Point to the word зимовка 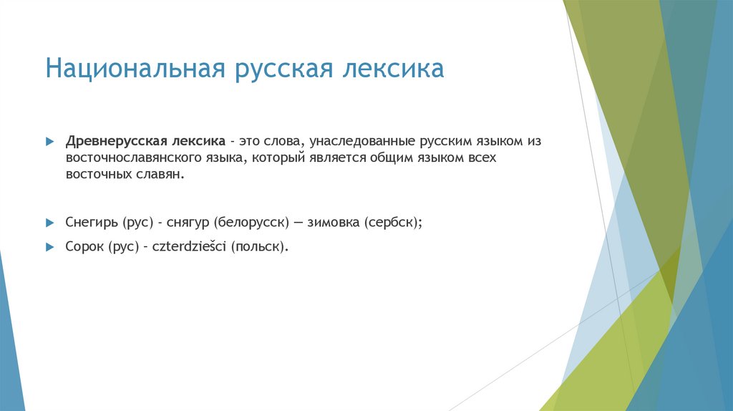click(334, 223)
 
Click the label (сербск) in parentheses click(394, 223)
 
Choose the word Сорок click(84, 246)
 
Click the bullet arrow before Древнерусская click(49, 142)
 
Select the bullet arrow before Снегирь click(49, 223)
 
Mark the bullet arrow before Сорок click(49, 246)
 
